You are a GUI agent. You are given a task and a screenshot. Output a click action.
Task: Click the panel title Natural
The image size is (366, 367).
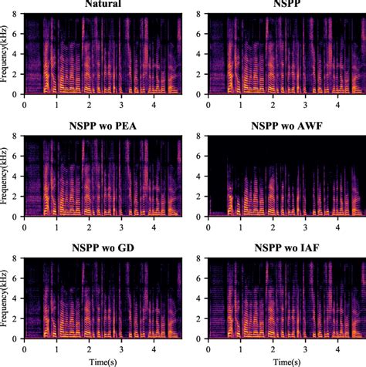103,7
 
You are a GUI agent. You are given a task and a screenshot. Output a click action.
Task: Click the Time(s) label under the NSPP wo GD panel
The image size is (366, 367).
103,361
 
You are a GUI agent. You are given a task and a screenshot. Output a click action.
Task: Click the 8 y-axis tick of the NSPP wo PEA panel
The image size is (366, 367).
18,136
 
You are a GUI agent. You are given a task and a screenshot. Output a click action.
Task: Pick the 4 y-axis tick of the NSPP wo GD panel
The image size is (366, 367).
18,298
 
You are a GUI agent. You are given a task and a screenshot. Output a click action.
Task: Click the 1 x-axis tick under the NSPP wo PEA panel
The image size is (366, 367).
57,226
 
